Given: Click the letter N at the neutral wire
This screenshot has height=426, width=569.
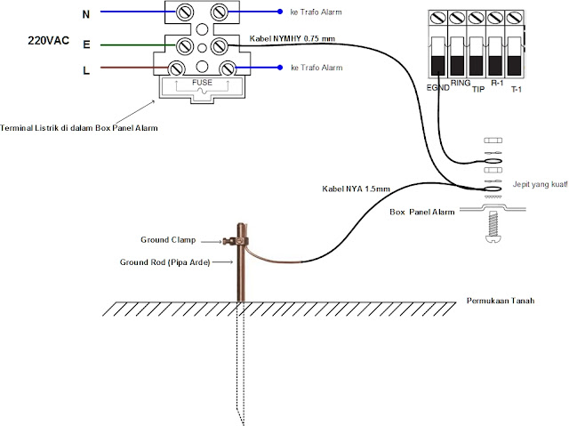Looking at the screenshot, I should click(x=85, y=13).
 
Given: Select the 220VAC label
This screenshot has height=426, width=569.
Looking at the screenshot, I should click(x=48, y=41).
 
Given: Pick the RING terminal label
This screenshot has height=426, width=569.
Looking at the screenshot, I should click(x=461, y=82).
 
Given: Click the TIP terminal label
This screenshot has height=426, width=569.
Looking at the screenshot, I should click(x=477, y=90).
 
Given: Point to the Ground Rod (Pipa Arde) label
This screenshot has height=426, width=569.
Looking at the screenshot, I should click(x=164, y=262).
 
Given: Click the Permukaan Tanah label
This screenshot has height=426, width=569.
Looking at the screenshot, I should click(x=504, y=301).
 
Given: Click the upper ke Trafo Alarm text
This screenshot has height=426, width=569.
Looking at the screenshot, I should click(x=317, y=12).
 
